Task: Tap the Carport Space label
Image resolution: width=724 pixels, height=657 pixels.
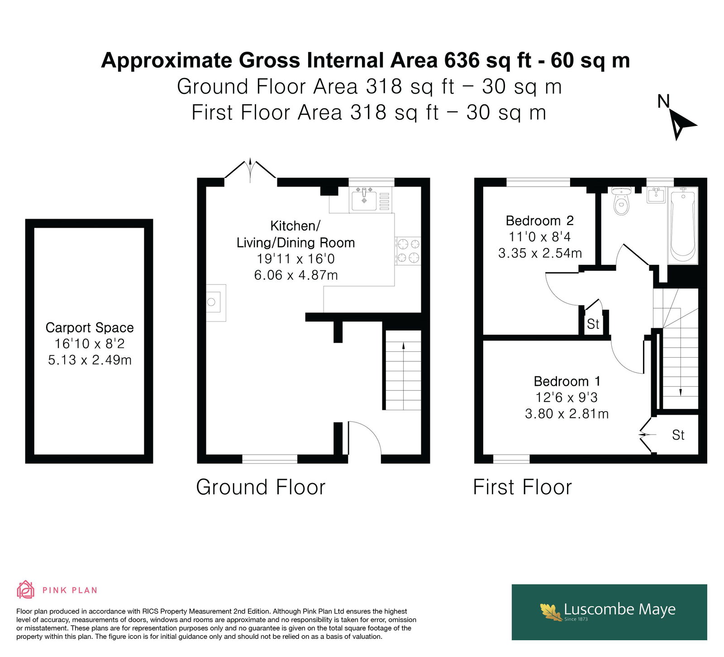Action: [x=90, y=327]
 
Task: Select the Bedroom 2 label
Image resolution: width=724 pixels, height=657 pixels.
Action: [x=539, y=221]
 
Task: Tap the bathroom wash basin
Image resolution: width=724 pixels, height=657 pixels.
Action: [x=656, y=195]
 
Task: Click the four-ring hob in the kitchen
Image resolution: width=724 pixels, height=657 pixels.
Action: [x=408, y=251]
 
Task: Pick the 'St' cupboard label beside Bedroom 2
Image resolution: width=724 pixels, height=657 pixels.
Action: [x=593, y=324]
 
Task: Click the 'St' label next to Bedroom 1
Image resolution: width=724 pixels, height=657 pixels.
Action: [x=678, y=435]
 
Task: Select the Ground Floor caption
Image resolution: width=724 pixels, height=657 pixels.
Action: [x=261, y=487]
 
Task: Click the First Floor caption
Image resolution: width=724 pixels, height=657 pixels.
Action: [x=523, y=487]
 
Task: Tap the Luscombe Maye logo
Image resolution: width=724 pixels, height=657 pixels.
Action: [x=609, y=612]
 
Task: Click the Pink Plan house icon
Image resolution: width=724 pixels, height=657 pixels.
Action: [x=26, y=590]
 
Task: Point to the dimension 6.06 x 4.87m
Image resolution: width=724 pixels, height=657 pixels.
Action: [x=296, y=275]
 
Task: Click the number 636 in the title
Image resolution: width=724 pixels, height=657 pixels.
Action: [x=462, y=60]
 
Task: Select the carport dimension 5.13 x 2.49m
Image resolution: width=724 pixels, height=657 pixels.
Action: [x=90, y=360]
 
